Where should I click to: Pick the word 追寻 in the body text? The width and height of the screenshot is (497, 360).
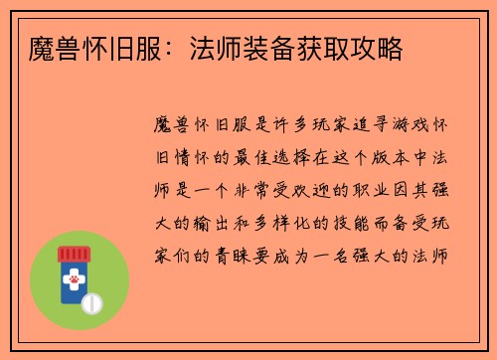click(x=344, y=128)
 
